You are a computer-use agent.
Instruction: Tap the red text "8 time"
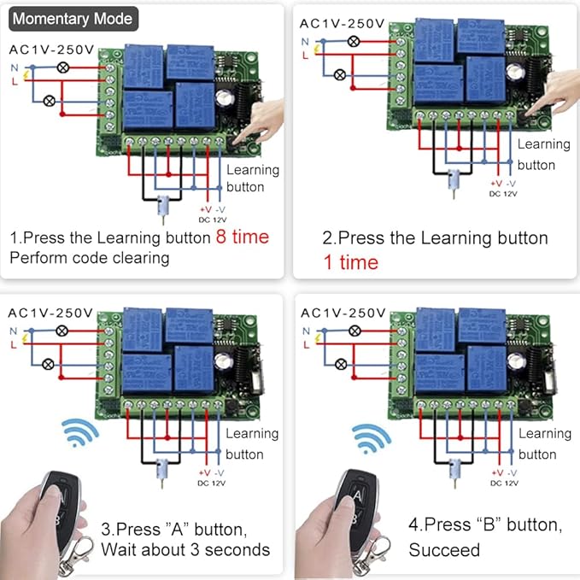click(242, 237)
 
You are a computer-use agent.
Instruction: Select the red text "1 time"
click(350, 262)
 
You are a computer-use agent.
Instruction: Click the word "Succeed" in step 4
click(444, 549)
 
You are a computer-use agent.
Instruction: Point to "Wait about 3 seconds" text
click(185, 549)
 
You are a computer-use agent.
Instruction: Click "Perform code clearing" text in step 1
click(90, 256)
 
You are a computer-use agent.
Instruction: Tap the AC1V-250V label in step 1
click(51, 50)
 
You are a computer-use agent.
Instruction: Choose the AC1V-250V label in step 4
click(345, 313)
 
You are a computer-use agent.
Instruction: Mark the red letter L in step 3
click(12, 343)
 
